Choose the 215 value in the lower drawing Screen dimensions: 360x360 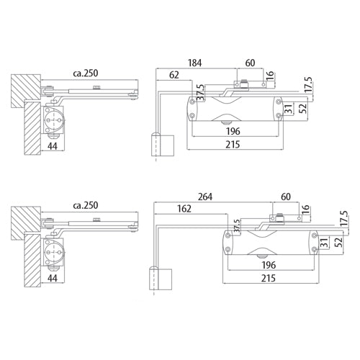pyautogui.click(x=269, y=277)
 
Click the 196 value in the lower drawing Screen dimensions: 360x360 pyautogui.click(x=269, y=265)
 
